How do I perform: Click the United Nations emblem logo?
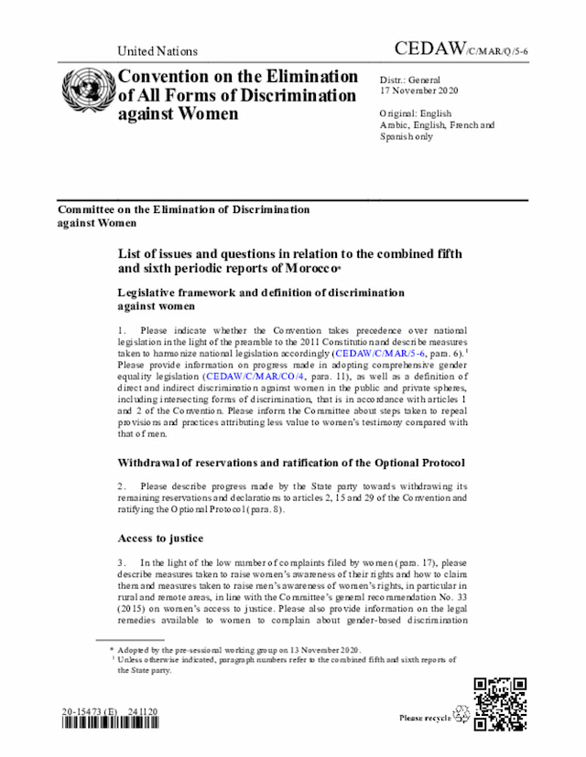click(x=87, y=91)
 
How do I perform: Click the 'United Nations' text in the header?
click(x=157, y=51)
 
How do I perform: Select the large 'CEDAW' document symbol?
click(x=428, y=48)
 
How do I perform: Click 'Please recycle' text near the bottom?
click(x=425, y=719)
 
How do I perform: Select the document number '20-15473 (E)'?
click(x=92, y=709)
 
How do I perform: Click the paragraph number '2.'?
click(x=123, y=485)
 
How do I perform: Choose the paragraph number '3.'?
click(x=123, y=560)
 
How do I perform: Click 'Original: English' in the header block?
click(x=416, y=113)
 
